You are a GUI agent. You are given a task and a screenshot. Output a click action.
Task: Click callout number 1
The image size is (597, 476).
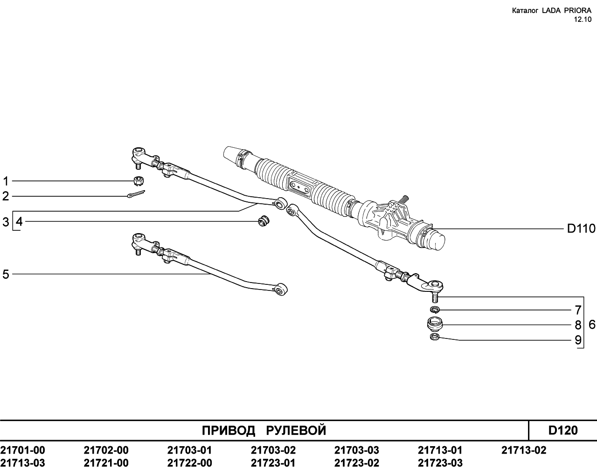point(6,181)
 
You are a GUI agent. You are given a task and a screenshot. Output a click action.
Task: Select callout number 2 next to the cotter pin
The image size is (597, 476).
point(6,196)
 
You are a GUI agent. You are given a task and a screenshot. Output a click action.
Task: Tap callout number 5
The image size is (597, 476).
point(6,274)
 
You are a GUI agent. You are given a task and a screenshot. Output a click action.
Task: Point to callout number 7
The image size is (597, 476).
point(578,310)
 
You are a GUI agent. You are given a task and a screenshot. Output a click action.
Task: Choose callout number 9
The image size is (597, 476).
point(578,340)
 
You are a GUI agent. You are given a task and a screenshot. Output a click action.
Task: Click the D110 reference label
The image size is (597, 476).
point(581,228)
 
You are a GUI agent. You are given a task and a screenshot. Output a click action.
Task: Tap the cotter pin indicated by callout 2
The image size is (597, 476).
point(136,194)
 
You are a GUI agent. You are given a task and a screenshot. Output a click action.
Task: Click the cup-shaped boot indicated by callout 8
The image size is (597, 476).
point(435,324)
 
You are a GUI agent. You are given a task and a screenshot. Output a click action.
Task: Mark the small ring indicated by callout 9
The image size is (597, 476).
point(434,337)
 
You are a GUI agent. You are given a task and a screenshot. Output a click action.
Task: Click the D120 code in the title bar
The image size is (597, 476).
point(563,430)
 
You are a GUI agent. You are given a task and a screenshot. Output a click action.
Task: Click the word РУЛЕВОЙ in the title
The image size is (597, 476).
point(296,431)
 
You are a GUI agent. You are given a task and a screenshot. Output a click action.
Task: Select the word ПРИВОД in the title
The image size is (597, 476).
point(229,431)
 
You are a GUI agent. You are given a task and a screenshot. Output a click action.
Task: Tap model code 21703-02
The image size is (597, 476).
point(273,450)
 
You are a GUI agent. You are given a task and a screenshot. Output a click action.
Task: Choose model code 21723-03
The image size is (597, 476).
point(440,463)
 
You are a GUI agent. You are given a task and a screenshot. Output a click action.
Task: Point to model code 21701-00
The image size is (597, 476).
point(22,450)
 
